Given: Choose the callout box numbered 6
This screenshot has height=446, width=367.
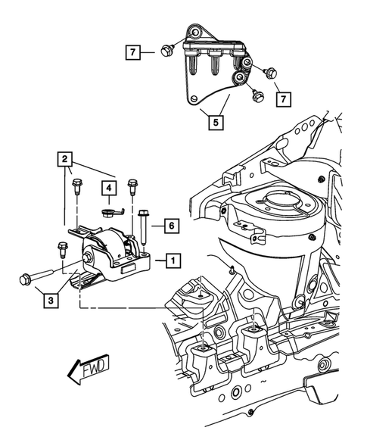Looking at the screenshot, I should [172, 225].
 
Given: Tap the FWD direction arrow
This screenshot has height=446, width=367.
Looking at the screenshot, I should [86, 368].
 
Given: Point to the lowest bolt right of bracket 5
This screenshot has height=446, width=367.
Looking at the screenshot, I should [257, 96].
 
